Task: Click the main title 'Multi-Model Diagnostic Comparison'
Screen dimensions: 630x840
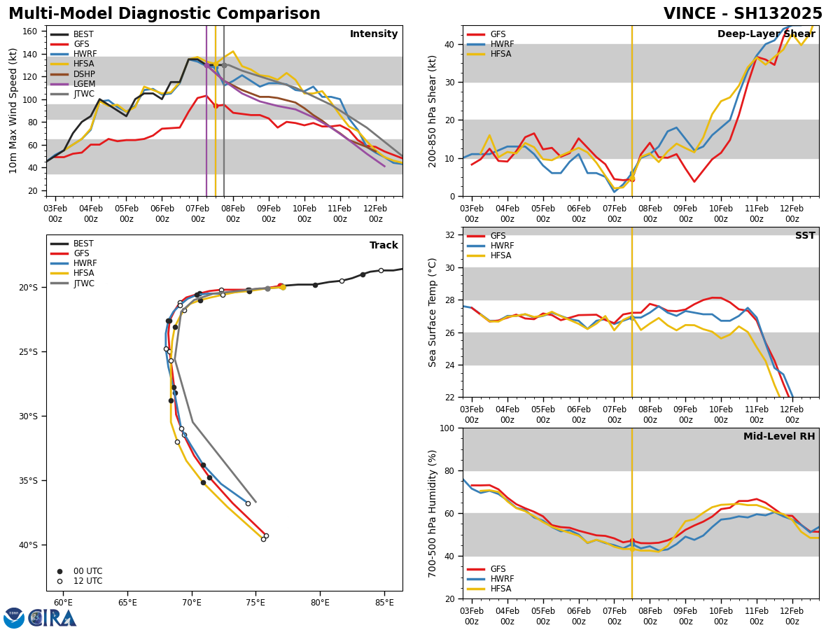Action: point(164,14)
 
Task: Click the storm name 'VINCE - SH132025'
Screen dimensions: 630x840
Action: point(743,14)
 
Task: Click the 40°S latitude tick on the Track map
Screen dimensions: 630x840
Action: point(27,545)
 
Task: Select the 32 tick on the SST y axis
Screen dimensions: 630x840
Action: point(451,235)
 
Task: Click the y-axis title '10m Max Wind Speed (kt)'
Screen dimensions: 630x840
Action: point(13,111)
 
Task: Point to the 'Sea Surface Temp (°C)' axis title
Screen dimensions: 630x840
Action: point(433,312)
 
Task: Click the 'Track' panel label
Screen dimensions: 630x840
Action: point(384,246)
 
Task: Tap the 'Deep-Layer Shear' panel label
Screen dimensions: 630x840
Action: point(766,34)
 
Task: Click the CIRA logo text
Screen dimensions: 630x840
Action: point(52,618)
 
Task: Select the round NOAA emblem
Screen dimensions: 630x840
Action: point(14,618)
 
